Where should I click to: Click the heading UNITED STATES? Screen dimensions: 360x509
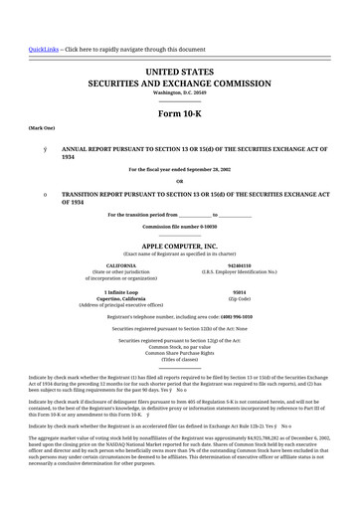click(179, 74)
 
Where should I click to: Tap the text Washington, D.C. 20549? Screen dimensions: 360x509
click(179, 94)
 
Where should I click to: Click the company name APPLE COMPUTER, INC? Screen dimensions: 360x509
click(179, 244)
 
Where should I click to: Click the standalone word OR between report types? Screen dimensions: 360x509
click(179, 181)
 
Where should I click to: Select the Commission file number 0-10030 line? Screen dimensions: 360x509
click(179, 226)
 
